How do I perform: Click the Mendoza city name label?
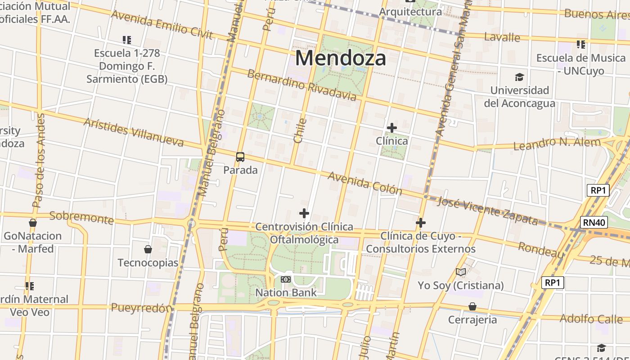(x=341, y=58)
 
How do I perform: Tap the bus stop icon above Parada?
(x=240, y=157)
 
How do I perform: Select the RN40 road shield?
(x=594, y=222)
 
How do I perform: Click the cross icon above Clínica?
(x=392, y=128)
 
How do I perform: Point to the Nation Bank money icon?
(x=286, y=279)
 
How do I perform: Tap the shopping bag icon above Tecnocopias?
(x=148, y=249)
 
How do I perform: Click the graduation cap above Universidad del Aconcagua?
(x=520, y=77)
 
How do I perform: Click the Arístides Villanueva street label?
(x=134, y=132)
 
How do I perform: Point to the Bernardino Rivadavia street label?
(x=301, y=85)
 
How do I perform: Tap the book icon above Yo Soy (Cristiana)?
(x=460, y=272)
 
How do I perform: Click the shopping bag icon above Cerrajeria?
(x=472, y=306)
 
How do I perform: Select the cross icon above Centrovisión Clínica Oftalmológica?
(x=304, y=213)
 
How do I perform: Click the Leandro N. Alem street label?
(x=557, y=144)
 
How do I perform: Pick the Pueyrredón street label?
(x=141, y=308)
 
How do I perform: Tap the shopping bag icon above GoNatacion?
(x=32, y=223)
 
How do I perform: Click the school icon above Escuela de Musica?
(x=581, y=45)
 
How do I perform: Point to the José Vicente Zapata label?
(x=487, y=211)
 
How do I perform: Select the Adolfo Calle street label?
(x=590, y=319)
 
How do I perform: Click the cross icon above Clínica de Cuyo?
(x=421, y=223)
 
